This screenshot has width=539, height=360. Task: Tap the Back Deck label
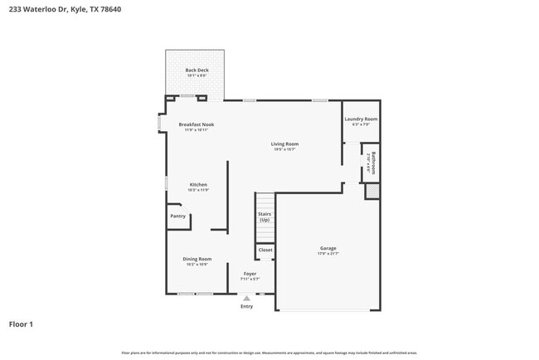click(x=196, y=70)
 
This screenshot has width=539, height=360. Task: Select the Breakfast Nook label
click(x=197, y=124)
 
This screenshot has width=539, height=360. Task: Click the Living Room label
click(x=284, y=144)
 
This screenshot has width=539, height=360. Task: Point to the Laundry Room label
click(x=361, y=119)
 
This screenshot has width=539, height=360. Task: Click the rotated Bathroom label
click(x=374, y=163)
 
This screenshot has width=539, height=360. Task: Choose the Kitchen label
click(x=198, y=184)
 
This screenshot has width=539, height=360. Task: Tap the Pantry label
click(x=178, y=216)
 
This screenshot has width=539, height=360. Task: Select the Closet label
click(x=265, y=249)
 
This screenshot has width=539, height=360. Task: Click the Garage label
click(x=328, y=248)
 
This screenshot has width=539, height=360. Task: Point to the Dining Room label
click(x=197, y=259)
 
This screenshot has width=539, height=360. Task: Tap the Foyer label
click(x=250, y=273)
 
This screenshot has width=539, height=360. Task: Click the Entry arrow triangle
click(x=246, y=297)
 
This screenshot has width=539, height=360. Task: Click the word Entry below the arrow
click(x=246, y=306)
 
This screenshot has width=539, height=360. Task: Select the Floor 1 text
click(x=21, y=324)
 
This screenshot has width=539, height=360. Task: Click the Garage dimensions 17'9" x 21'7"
click(x=328, y=254)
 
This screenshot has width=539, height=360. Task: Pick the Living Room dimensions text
click(x=284, y=149)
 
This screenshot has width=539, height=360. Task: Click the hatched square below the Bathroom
click(x=373, y=192)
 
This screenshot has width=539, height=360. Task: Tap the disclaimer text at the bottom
click(x=269, y=353)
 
